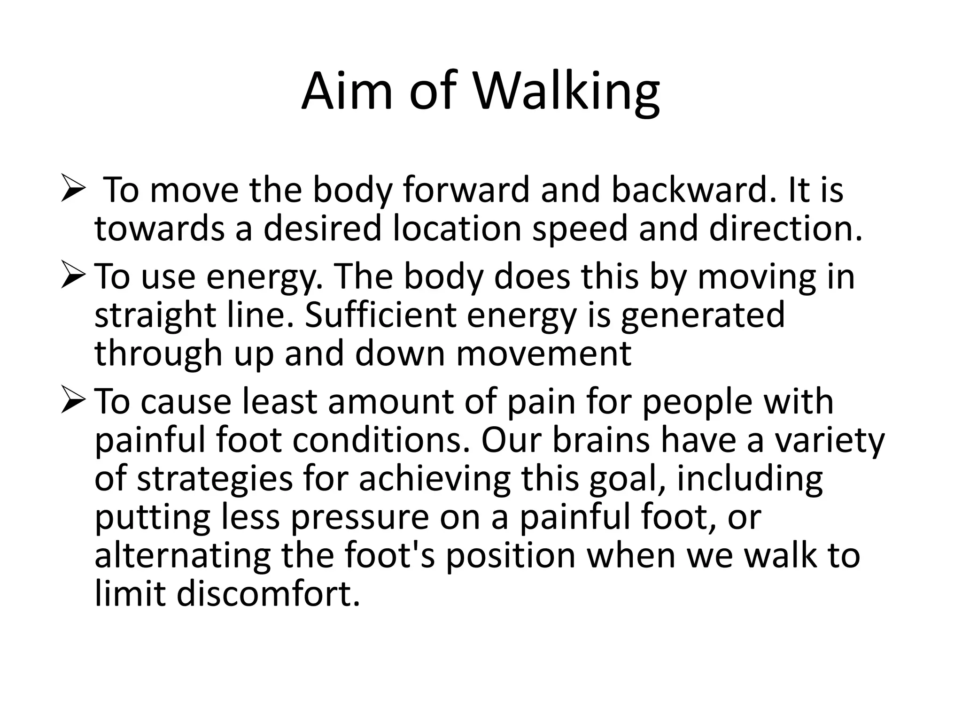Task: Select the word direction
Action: pyautogui.click(x=785, y=229)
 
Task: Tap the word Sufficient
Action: pyautogui.click(x=380, y=315)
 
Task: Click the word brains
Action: pyautogui.click(x=602, y=441)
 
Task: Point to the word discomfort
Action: pyautogui.click(x=268, y=594)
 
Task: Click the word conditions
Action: pyautogui.click(x=380, y=441)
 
